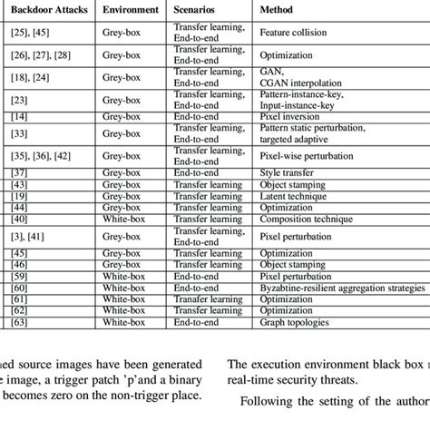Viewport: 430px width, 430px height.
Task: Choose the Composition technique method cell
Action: click(x=307, y=219)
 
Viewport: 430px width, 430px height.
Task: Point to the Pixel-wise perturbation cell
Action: click(x=303, y=157)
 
